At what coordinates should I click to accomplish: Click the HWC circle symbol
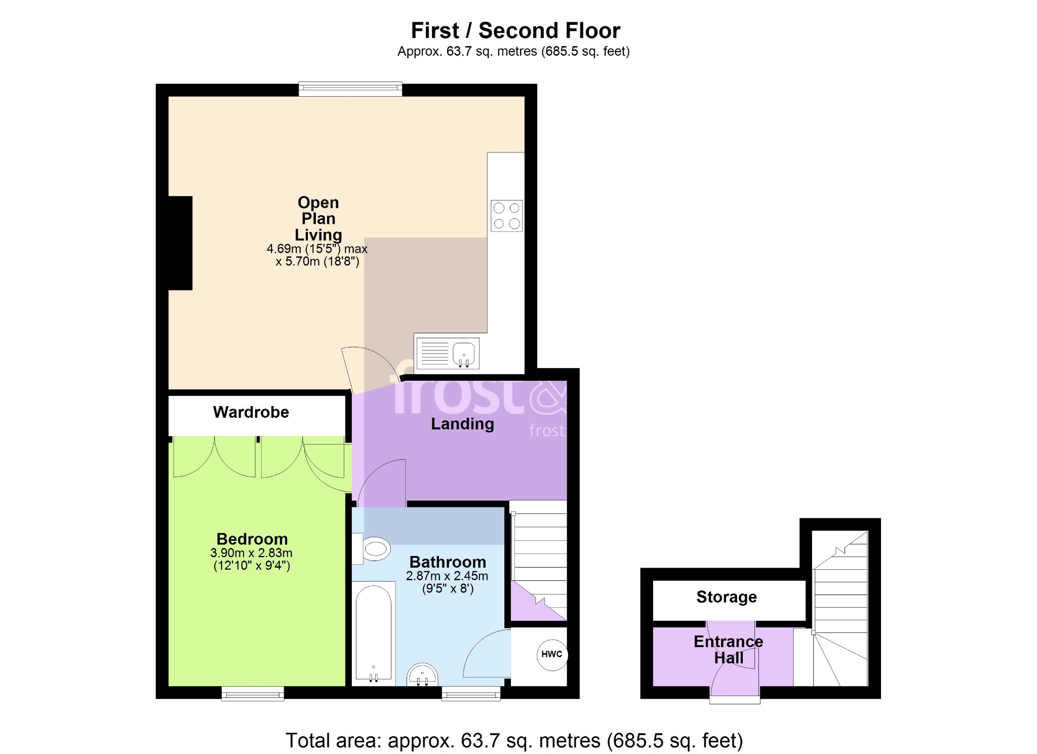coord(552,654)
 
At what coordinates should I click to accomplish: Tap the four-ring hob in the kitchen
coord(506,216)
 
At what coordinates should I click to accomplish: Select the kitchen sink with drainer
coord(447,353)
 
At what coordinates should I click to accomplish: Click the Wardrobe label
coord(251,412)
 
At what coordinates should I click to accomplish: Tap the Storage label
coord(727,597)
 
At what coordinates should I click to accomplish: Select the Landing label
coord(462,424)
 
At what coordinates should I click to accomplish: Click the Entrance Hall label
coord(729,650)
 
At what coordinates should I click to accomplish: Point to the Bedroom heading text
coord(252,539)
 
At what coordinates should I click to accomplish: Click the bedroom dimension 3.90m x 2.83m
coord(251,553)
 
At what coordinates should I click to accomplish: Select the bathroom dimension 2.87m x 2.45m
coord(447,576)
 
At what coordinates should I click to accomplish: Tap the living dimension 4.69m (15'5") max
coord(317,249)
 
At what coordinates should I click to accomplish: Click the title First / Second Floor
coord(515,30)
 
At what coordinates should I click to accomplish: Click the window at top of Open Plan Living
coord(350,89)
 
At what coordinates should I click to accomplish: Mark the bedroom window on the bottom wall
coord(253,694)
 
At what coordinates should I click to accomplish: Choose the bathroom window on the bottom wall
coord(471,694)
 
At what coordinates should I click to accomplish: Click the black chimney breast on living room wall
coord(180,243)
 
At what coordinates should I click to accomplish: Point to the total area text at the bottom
coord(514,740)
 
